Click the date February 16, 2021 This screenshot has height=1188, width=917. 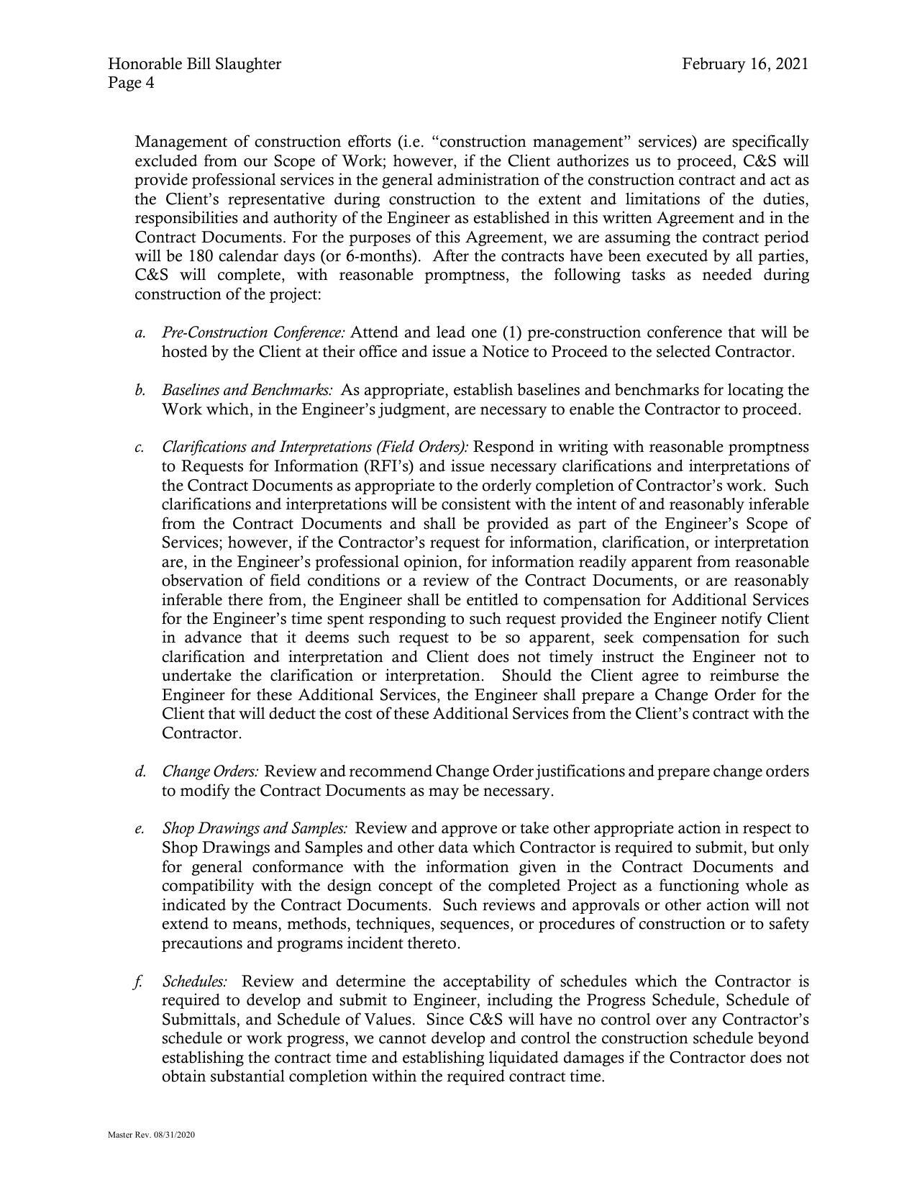745,64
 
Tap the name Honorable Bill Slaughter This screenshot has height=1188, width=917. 194,64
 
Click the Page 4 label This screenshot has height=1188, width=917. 131,83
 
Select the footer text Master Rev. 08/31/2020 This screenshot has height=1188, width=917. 152,1135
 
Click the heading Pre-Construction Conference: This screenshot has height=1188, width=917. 254,332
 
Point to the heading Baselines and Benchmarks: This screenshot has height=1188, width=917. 247,390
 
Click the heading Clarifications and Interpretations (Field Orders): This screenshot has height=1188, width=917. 315,447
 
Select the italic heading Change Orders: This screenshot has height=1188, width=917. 210,771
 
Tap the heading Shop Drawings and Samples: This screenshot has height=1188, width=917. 255,828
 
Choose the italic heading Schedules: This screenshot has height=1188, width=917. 195,981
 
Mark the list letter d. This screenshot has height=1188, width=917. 140,771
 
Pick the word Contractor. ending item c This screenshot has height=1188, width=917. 201,733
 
